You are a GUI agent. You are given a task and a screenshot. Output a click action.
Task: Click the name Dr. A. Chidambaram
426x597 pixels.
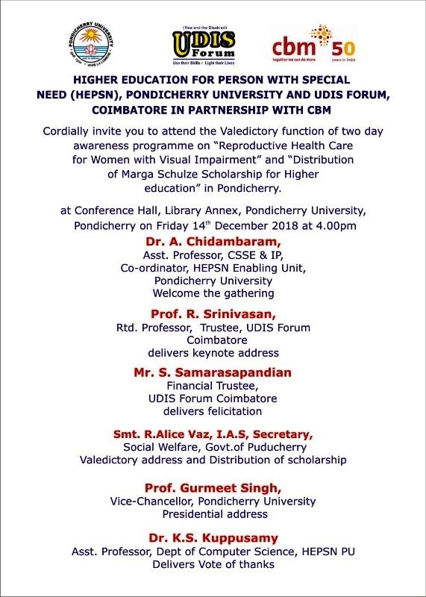213,242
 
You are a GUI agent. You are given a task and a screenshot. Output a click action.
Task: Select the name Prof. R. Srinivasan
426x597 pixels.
213,314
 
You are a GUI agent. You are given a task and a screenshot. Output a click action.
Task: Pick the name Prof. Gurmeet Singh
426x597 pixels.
213,487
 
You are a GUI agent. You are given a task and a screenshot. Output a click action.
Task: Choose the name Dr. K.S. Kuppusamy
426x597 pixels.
213,538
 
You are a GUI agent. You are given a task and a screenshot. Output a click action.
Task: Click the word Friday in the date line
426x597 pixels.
171,225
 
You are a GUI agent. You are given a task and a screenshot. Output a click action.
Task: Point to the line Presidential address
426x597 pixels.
213,514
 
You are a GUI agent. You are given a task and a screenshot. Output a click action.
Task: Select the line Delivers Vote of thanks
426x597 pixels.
213,565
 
